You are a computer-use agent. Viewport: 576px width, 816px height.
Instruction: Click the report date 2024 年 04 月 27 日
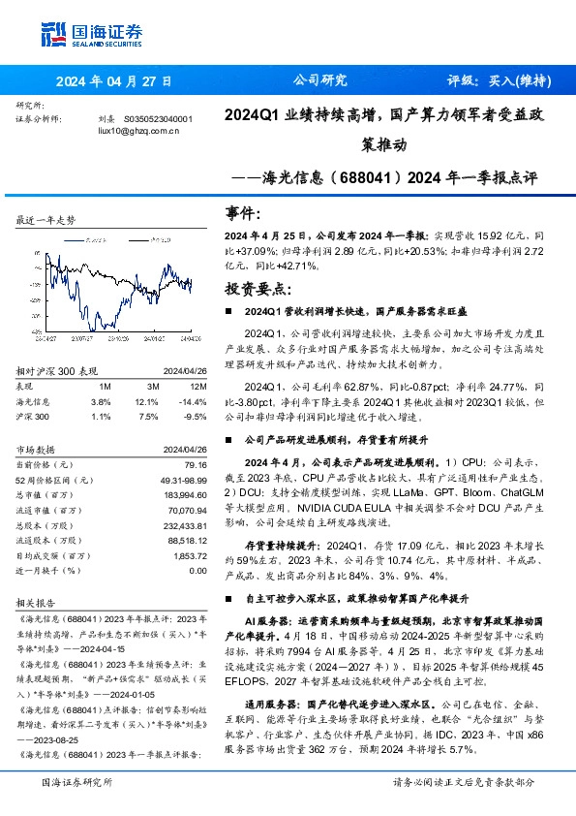[113, 80]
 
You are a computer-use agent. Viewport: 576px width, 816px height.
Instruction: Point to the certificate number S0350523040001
[159, 118]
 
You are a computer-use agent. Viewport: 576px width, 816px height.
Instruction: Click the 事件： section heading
[242, 213]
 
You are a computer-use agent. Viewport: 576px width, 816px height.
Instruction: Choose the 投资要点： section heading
[257, 288]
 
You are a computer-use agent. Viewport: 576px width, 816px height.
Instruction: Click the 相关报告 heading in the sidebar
[37, 601]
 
